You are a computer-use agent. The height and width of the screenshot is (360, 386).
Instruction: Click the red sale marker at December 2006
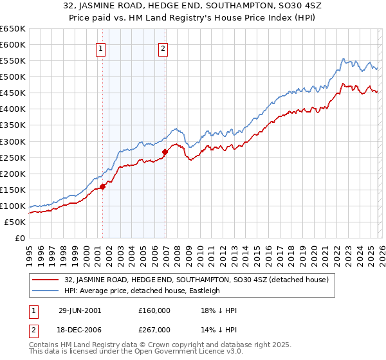pyautogui.click(x=165, y=152)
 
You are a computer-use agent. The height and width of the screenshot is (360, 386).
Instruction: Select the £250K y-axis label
pyautogui.click(x=13, y=157)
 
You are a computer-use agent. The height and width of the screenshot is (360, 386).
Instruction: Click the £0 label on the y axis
pyautogui.click(x=19, y=238)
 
